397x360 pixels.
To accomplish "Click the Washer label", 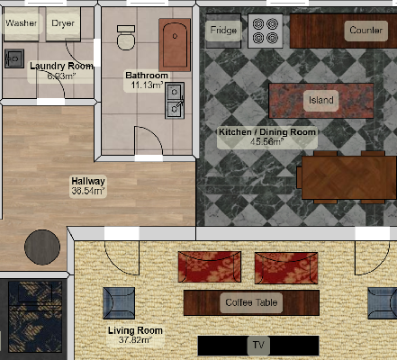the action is point(22,23).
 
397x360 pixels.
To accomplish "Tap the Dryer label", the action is point(63,23).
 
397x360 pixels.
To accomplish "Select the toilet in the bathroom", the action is point(126,38).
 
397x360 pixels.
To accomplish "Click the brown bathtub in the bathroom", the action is point(175,45).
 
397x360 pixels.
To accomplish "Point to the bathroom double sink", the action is point(175,101).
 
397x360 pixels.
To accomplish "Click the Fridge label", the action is point(223,30).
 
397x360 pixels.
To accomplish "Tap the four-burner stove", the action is point(266,31).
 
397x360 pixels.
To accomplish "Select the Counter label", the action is point(365,31).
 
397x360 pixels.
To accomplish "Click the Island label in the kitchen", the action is point(321,100).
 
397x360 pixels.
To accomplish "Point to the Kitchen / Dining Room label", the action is point(267,132).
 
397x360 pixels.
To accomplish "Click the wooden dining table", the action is point(349,177).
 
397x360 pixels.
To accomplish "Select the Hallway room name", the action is point(88,181).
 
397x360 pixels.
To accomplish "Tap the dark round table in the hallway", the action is point(42,247).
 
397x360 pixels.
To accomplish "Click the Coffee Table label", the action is point(251,302).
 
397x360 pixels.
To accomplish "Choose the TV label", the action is point(258,345).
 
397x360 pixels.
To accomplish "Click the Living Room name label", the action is point(135,330).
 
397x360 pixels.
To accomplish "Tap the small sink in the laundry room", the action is point(14,58).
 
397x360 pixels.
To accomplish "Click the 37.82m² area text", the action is point(135,340).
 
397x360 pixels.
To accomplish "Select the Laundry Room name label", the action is point(61,66).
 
